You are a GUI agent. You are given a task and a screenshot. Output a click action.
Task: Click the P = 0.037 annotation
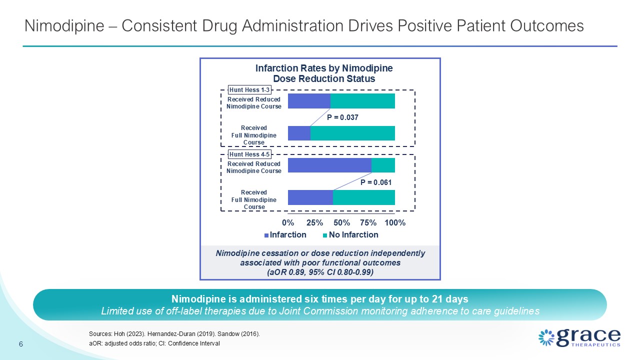coord(342,117)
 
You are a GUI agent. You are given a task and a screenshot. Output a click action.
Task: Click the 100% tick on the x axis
coord(395,223)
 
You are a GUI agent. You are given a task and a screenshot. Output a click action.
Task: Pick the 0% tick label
coord(288,223)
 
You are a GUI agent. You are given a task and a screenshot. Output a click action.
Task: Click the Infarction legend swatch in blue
coord(266,235)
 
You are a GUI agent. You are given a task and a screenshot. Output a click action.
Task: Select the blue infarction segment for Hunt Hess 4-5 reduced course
coord(329,165)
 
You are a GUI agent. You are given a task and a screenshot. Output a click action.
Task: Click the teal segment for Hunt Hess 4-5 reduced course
coord(383,165)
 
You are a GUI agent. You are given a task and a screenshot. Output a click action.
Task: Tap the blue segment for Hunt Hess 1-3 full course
coord(299,133)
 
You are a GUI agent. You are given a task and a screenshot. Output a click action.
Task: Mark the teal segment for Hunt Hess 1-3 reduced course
coord(362,101)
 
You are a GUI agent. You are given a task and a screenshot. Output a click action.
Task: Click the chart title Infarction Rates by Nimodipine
coord(324,68)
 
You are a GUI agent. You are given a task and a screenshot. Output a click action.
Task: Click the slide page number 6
coord(21,344)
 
